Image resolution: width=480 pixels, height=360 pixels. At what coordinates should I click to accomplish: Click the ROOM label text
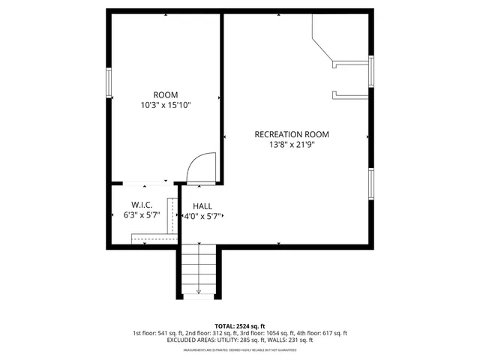[x=166, y=94]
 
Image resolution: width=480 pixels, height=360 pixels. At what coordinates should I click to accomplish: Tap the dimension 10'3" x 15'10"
[x=166, y=106]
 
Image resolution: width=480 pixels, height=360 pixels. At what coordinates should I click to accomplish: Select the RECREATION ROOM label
[x=291, y=135]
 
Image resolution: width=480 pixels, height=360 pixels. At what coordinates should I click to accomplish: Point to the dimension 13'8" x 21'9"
[x=291, y=146]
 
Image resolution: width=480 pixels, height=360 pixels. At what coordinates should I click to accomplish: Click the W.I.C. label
[x=142, y=205]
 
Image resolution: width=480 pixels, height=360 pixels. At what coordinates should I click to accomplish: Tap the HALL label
[x=202, y=205]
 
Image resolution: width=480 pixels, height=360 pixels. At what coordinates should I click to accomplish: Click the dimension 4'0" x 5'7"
[x=202, y=216]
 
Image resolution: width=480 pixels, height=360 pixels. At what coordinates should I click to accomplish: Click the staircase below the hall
[x=199, y=271]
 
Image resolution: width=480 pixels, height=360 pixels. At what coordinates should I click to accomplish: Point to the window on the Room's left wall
[x=109, y=82]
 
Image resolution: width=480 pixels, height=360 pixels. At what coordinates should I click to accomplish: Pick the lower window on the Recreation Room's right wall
[x=370, y=184]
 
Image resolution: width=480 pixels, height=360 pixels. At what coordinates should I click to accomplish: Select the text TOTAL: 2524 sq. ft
[x=239, y=325]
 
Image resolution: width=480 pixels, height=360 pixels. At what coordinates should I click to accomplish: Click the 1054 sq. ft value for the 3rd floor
[x=286, y=333]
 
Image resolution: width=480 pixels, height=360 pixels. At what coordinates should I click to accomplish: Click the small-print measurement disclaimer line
[x=239, y=349]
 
